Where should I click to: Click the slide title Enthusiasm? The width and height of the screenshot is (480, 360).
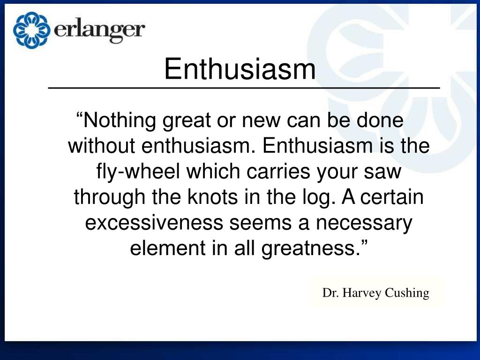(x=240, y=69)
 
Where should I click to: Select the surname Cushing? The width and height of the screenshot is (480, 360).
(x=407, y=293)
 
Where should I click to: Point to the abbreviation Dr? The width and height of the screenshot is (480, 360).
(x=330, y=293)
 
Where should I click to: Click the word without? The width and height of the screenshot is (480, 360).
(x=102, y=146)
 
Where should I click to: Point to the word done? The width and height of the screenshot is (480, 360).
(x=381, y=121)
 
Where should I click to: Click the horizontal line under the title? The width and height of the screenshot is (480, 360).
(x=244, y=88)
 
